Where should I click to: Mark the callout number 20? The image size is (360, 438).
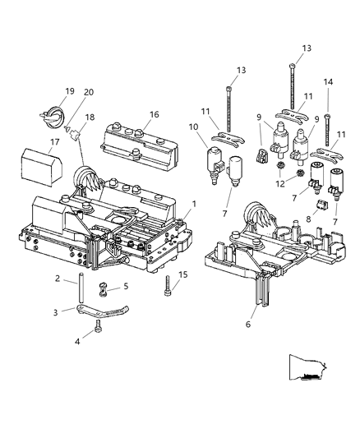coord(90,91)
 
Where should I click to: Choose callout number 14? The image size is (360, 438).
coord(328,82)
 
